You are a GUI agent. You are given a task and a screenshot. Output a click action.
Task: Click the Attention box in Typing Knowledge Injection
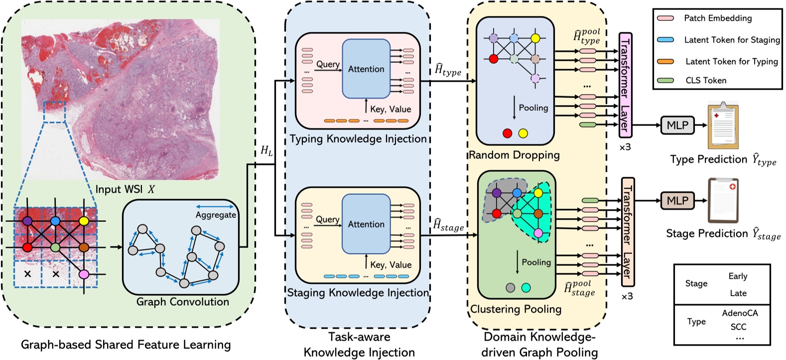point(366,69)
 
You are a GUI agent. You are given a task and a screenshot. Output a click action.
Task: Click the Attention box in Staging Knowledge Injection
point(366,224)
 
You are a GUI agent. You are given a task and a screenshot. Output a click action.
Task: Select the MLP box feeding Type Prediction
point(677,125)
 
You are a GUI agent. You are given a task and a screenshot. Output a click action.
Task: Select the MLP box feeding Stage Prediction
point(677,201)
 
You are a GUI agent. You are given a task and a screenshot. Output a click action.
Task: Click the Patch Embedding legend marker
point(665,18)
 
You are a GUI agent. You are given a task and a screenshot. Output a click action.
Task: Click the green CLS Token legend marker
point(665,80)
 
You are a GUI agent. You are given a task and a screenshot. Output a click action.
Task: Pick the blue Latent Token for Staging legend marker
point(665,40)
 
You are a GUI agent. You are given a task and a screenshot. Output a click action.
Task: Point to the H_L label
point(266,150)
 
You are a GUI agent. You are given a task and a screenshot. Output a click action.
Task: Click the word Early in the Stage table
point(738,276)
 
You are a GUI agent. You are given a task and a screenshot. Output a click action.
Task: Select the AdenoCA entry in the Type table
point(740,313)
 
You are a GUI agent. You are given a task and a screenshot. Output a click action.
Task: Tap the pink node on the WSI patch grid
point(83,274)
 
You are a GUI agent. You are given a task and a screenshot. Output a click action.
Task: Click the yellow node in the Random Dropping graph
point(535,38)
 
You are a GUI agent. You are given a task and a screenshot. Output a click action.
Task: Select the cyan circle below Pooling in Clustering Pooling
point(525,288)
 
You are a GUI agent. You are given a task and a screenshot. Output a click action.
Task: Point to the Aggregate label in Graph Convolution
point(216,215)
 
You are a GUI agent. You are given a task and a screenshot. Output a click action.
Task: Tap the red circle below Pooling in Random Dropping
point(507,133)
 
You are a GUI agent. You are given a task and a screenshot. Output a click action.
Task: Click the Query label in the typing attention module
point(328,64)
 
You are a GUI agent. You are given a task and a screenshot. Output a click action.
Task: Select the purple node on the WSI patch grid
point(27,220)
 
